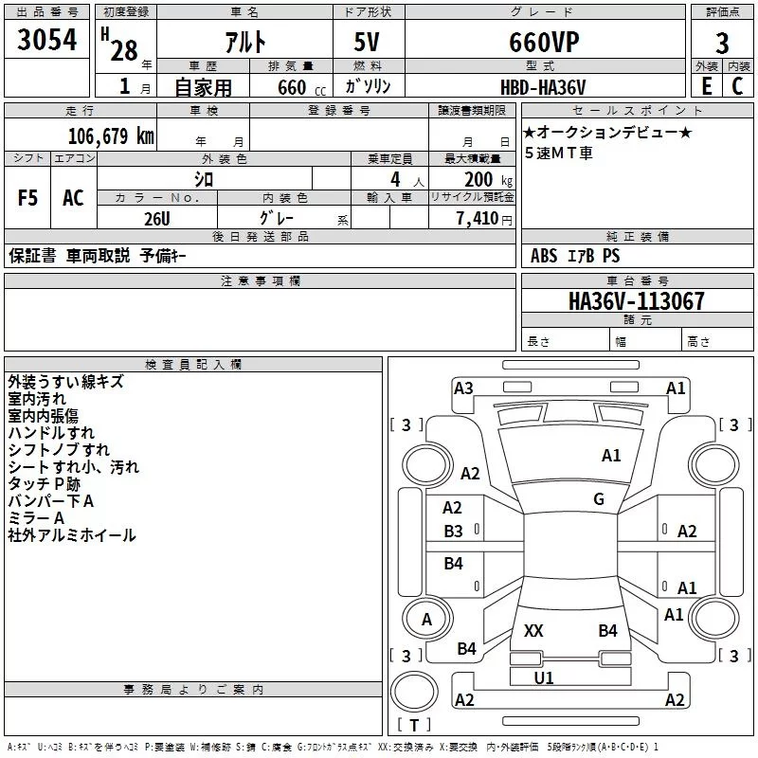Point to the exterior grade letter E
pyautogui.click(x=706, y=85)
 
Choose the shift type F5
pyautogui.click(x=27, y=198)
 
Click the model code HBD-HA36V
pyautogui.click(x=542, y=86)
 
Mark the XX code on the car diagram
pyautogui.click(x=533, y=630)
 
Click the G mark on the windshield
pyautogui.click(x=599, y=498)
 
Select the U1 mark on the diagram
pyautogui.click(x=544, y=677)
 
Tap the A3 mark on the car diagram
pyautogui.click(x=463, y=388)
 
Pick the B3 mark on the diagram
pyautogui.click(x=454, y=531)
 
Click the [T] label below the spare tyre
pyautogui.click(x=414, y=726)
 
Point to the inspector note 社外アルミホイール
pyautogui.click(x=72, y=535)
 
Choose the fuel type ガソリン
pyautogui.click(x=369, y=86)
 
